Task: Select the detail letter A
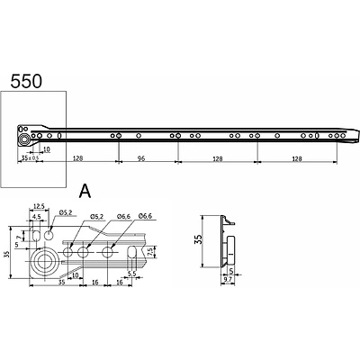85,191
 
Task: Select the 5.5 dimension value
131,273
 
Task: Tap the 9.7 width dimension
227,281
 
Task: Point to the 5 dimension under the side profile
230,270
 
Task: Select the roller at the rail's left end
21,139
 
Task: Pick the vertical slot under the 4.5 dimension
35,236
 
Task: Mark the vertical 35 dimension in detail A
8,254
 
